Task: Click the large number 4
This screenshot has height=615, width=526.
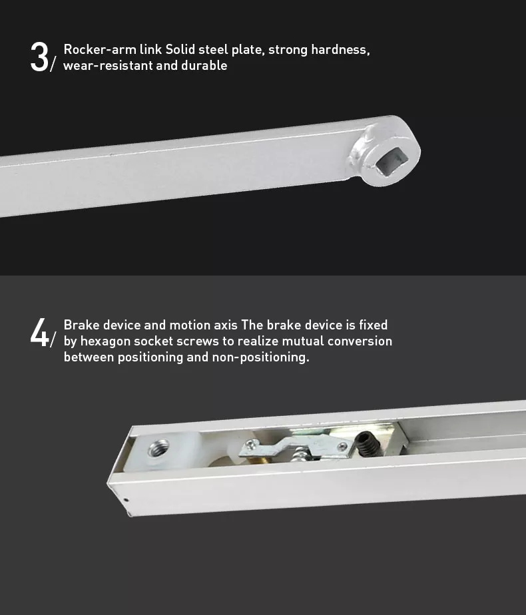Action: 40,332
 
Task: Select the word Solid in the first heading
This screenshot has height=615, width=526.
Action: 180,49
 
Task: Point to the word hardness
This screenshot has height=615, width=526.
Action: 340,50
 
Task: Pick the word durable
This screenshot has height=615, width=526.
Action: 204,65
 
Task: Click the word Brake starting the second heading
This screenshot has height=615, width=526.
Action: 82,325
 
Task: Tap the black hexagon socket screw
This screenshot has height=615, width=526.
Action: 368,445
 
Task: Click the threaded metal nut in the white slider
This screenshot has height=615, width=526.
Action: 158,448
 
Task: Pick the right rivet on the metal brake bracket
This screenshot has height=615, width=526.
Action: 343,447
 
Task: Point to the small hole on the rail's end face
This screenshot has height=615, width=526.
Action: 126,500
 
